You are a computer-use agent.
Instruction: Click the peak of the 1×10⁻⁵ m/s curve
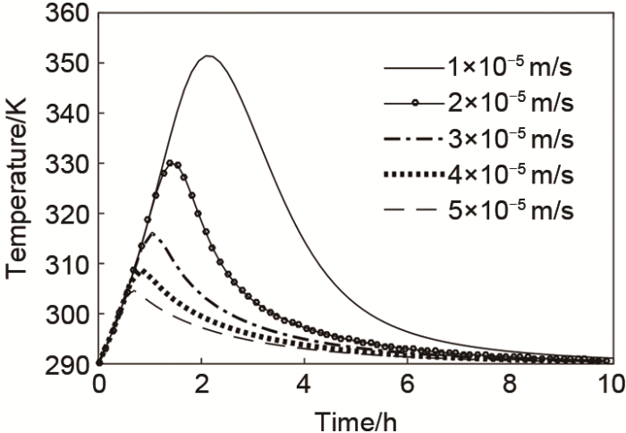coord(207,56)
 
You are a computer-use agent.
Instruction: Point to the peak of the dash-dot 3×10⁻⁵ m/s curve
coord(153,234)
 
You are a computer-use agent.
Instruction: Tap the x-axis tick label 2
coord(201,385)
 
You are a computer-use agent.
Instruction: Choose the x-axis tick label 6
coord(407,385)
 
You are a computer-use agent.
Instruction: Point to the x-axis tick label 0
coord(98,385)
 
